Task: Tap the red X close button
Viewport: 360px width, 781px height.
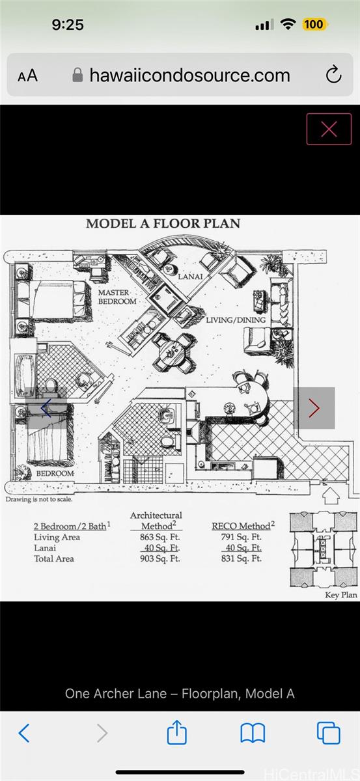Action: click(x=329, y=129)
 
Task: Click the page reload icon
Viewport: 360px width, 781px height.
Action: click(x=333, y=74)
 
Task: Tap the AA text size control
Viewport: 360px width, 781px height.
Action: click(x=27, y=75)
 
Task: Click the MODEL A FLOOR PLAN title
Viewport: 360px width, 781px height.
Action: click(x=163, y=223)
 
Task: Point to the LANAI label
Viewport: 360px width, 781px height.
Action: click(x=190, y=277)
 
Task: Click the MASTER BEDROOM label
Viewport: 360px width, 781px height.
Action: click(x=117, y=297)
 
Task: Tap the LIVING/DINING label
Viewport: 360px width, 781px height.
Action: click(x=236, y=320)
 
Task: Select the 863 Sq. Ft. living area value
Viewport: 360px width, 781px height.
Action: click(x=159, y=537)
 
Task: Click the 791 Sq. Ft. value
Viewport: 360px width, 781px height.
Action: click(x=241, y=537)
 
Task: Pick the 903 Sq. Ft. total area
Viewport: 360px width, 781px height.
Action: click(x=159, y=558)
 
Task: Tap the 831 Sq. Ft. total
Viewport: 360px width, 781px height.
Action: click(x=241, y=558)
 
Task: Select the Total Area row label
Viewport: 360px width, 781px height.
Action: click(x=54, y=558)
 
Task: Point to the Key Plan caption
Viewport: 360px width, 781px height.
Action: click(x=341, y=595)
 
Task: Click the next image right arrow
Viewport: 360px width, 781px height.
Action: click(x=314, y=408)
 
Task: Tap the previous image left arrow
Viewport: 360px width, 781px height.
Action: click(x=46, y=408)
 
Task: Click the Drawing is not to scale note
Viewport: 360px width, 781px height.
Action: click(x=39, y=499)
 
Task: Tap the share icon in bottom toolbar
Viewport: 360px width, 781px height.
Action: click(x=176, y=732)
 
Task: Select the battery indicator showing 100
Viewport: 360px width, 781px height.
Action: click(x=314, y=25)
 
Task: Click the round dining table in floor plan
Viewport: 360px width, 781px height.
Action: click(x=173, y=352)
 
